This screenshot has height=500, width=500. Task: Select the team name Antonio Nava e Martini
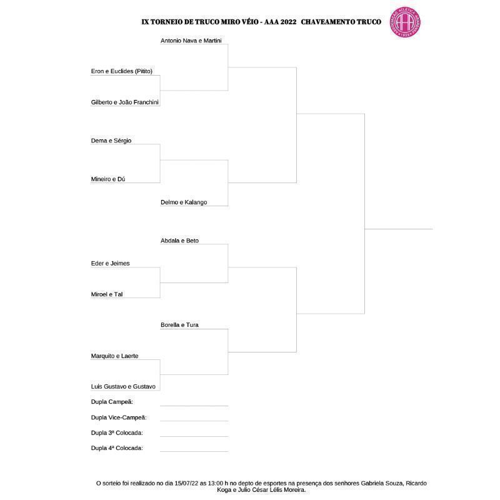191,41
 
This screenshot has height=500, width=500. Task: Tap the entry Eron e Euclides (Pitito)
122,71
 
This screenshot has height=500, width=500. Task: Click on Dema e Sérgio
111,141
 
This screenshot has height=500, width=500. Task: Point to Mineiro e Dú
108,179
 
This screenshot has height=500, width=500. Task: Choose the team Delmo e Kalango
184,202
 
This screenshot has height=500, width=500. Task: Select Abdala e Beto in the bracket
179,241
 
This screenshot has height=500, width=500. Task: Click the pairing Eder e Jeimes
111,264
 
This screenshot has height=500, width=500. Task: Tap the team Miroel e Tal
107,294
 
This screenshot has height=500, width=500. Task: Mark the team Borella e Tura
179,325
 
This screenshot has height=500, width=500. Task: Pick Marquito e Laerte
115,356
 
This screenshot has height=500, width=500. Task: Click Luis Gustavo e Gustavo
123,387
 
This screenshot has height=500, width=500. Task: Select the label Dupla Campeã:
112,402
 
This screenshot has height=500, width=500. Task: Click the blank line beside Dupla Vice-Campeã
194,421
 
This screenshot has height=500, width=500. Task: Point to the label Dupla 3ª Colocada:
117,432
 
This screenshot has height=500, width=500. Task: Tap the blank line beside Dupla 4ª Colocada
194,451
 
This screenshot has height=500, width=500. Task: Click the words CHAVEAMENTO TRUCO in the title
341,22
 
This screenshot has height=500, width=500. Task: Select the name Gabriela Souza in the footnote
365,483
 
